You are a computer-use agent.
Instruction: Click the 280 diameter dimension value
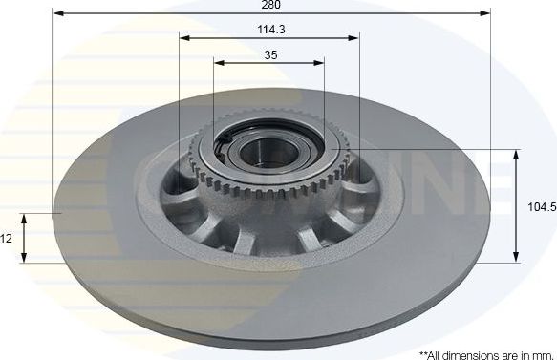[269, 6]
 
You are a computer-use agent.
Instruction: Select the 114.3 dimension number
[269, 31]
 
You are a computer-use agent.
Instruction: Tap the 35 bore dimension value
[269, 55]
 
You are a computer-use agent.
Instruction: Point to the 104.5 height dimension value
[542, 205]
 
